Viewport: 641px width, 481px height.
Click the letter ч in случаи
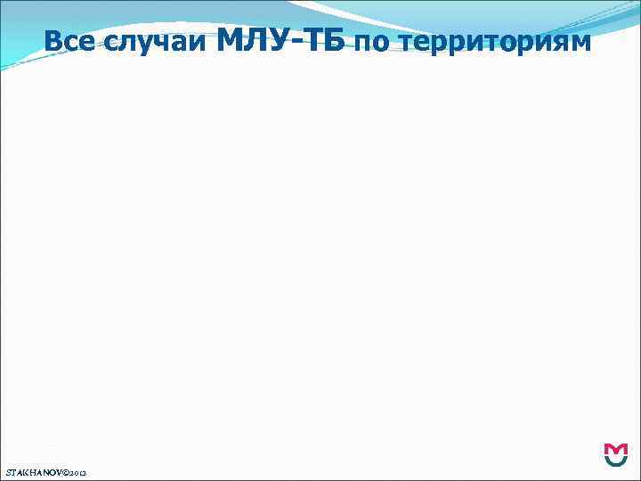[x=145, y=43]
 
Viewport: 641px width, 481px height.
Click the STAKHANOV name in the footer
[x=35, y=469]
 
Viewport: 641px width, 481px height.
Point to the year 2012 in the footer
[x=86, y=470]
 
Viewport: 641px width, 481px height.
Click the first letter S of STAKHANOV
[x=7, y=469]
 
